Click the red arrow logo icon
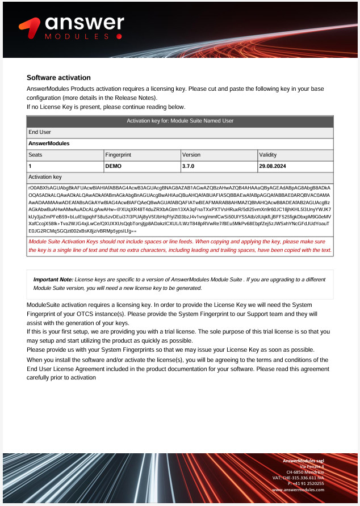(x=30, y=27)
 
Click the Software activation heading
(x=58, y=78)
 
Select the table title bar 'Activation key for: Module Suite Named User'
(x=179, y=121)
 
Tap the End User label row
(x=40, y=132)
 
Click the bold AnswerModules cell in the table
(x=49, y=144)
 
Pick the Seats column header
(x=35, y=155)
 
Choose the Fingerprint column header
(x=119, y=155)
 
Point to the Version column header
(x=191, y=155)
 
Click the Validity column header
(x=268, y=155)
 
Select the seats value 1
(x=30, y=166)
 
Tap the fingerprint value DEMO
(x=114, y=166)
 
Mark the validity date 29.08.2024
(x=274, y=166)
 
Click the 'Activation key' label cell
(x=45, y=178)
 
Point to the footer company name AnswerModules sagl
(x=303, y=460)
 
